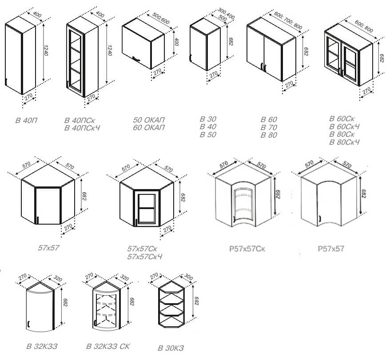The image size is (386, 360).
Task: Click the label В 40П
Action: tap(26, 121)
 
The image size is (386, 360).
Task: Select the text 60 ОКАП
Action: tap(149, 128)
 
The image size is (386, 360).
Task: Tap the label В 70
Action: tap(269, 127)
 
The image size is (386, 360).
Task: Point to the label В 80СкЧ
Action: tap(344, 142)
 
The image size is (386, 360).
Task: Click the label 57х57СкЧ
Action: tap(145, 257)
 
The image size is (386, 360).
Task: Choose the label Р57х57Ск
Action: tap(247, 249)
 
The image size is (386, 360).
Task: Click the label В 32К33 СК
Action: tap(108, 347)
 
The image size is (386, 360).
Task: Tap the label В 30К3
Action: tap(171, 348)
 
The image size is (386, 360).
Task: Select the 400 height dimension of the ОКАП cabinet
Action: tap(176, 41)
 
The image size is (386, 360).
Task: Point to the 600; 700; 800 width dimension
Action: tap(288, 21)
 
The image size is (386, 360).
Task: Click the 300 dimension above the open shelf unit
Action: tap(189, 277)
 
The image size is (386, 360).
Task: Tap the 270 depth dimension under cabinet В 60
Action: tap(289, 85)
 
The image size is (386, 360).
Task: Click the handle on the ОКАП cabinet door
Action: tap(136, 59)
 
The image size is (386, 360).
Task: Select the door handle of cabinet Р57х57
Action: tap(320, 218)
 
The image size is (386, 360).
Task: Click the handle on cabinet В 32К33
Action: tap(29, 324)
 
